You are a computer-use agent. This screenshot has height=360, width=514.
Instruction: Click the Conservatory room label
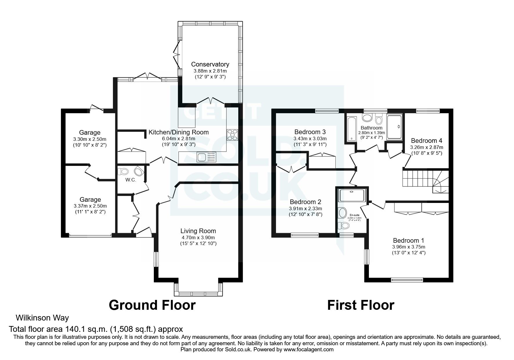(x=210, y=64)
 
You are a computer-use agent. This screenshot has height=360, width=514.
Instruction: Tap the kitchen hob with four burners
(x=232, y=135)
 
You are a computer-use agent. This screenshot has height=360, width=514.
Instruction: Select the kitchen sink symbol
(x=206, y=157)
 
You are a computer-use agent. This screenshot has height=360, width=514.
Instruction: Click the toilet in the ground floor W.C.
(x=123, y=171)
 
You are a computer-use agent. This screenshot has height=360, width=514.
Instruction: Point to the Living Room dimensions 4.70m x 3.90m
(x=198, y=237)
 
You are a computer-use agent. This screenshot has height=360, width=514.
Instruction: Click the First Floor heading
(x=360, y=305)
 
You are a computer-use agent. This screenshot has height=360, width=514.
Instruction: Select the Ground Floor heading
(x=152, y=305)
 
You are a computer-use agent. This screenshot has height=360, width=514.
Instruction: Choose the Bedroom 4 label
(x=426, y=141)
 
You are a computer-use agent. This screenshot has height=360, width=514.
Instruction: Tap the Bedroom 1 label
(x=408, y=240)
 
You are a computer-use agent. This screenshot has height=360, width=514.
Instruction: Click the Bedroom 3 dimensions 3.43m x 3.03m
(x=310, y=139)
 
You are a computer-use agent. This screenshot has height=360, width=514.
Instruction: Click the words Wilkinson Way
(x=42, y=318)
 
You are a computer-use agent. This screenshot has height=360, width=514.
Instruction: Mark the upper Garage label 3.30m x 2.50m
(x=90, y=139)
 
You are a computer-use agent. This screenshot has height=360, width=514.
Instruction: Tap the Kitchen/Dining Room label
(x=178, y=132)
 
